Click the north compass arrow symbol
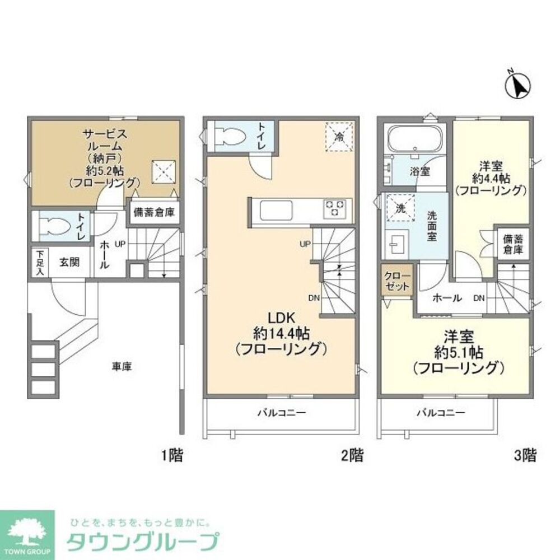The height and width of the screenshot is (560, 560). click(x=517, y=85)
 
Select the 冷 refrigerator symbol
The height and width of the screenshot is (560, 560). click(x=339, y=136)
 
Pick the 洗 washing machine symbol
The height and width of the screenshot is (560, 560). click(x=399, y=208)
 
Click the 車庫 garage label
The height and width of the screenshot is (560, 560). click(x=121, y=367)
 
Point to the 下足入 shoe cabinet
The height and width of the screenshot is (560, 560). click(x=40, y=262)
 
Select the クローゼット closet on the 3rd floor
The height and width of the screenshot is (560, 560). click(x=398, y=280)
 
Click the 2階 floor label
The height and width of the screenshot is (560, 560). click(x=352, y=456)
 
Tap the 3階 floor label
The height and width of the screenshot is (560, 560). click(x=525, y=456)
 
